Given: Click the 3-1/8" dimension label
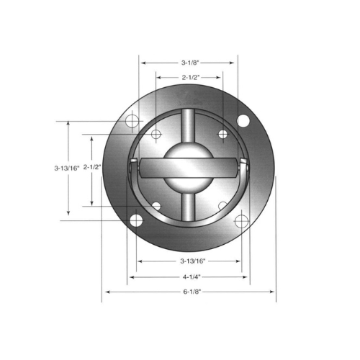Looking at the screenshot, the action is [190, 63].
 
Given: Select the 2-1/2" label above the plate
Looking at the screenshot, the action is [191, 78].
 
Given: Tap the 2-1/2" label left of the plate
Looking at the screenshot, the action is [92, 167].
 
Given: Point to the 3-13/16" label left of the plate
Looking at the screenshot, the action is [66, 168].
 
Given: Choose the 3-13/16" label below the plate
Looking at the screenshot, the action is [193, 261].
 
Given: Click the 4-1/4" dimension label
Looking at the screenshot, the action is [192, 277].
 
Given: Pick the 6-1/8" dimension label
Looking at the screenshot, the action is [192, 292].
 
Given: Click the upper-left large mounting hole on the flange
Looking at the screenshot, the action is [132, 121].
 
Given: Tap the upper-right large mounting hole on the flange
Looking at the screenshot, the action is [243, 121].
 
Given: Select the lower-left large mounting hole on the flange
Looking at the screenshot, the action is [136, 220].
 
